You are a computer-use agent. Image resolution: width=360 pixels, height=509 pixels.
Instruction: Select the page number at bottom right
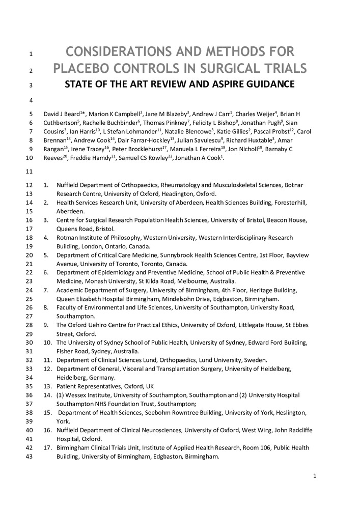pyautogui.click(x=315, y=476)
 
